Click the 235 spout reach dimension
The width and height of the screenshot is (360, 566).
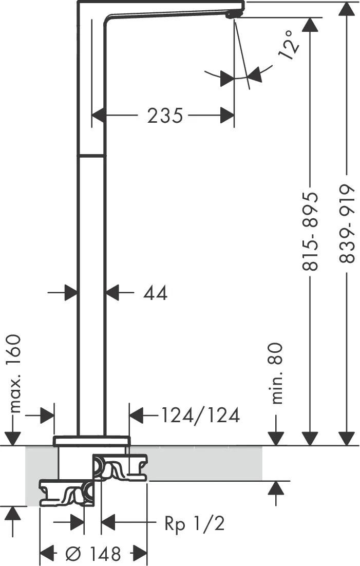(165, 116)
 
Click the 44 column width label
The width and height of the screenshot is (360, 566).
(155, 293)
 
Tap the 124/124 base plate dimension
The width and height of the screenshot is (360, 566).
(200, 415)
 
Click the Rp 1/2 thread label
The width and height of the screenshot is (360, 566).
(195, 523)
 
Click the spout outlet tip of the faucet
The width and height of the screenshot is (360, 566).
(231, 15)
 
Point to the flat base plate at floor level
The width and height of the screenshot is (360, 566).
(91, 441)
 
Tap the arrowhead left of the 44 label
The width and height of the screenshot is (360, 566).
(71, 292)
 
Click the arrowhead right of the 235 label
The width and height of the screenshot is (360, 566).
(227, 116)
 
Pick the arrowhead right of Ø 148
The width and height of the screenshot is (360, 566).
(141, 552)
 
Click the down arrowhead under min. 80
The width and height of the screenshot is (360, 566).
(276, 439)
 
